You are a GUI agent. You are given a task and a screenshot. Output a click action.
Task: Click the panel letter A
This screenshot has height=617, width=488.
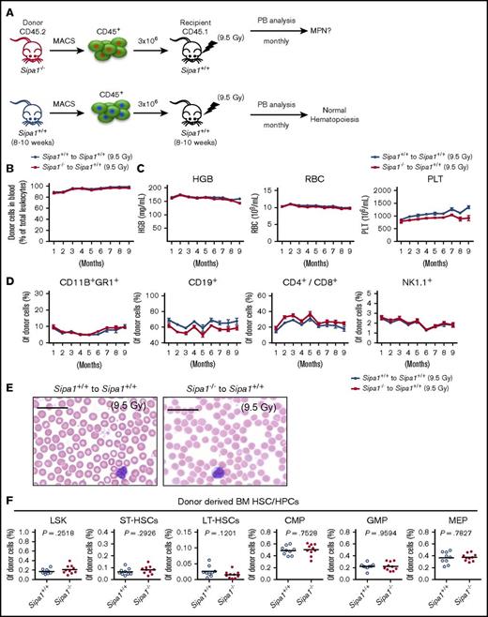click(x=7, y=7)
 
